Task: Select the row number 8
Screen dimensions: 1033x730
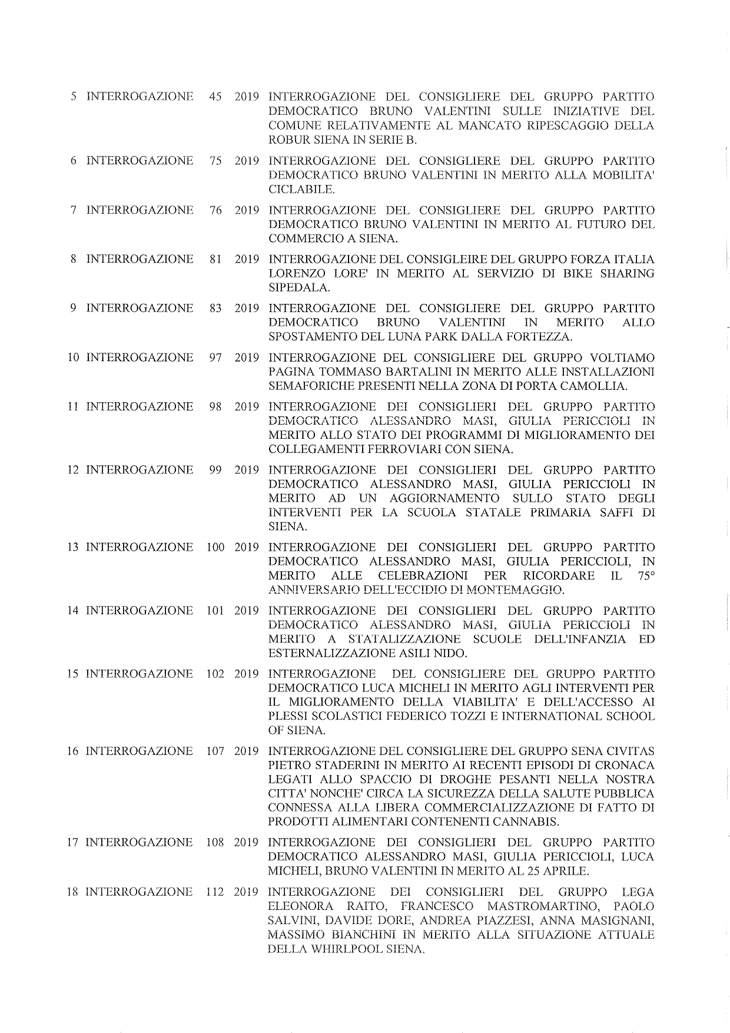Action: coord(74,259)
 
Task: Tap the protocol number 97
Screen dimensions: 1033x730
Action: coord(215,357)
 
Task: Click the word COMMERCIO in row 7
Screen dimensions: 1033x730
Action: coord(300,239)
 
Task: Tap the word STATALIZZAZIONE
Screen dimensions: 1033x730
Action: coord(403,639)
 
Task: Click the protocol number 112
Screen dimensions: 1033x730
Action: coord(215,891)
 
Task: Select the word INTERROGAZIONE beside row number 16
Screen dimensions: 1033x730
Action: coord(139,751)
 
